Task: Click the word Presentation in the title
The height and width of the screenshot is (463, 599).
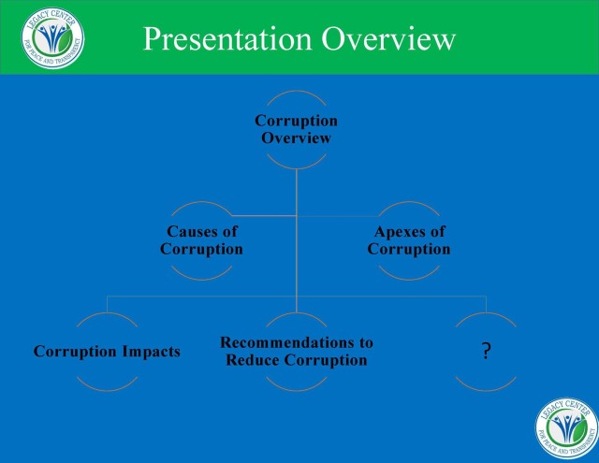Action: (x=227, y=39)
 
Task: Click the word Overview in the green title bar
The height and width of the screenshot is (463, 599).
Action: (x=388, y=38)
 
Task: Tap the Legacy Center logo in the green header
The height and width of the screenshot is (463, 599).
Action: (x=52, y=37)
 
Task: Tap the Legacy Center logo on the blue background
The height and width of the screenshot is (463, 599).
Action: (x=566, y=427)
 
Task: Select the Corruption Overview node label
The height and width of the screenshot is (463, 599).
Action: (x=296, y=129)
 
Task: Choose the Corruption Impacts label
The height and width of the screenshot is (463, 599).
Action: (x=107, y=352)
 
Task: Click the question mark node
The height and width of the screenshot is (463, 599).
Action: (x=486, y=351)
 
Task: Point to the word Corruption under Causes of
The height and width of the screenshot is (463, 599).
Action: (x=201, y=249)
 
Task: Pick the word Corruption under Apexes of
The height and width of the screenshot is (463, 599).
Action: (x=409, y=249)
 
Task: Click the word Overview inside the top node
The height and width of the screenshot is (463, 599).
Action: (x=296, y=137)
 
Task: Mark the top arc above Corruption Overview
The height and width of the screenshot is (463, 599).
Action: (x=296, y=92)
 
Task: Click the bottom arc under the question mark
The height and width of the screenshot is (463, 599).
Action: (x=486, y=390)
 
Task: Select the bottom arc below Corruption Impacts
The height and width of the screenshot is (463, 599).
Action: (x=107, y=390)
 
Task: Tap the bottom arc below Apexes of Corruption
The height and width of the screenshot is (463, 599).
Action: (x=409, y=280)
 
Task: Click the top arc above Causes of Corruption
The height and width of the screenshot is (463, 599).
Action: (x=201, y=202)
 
